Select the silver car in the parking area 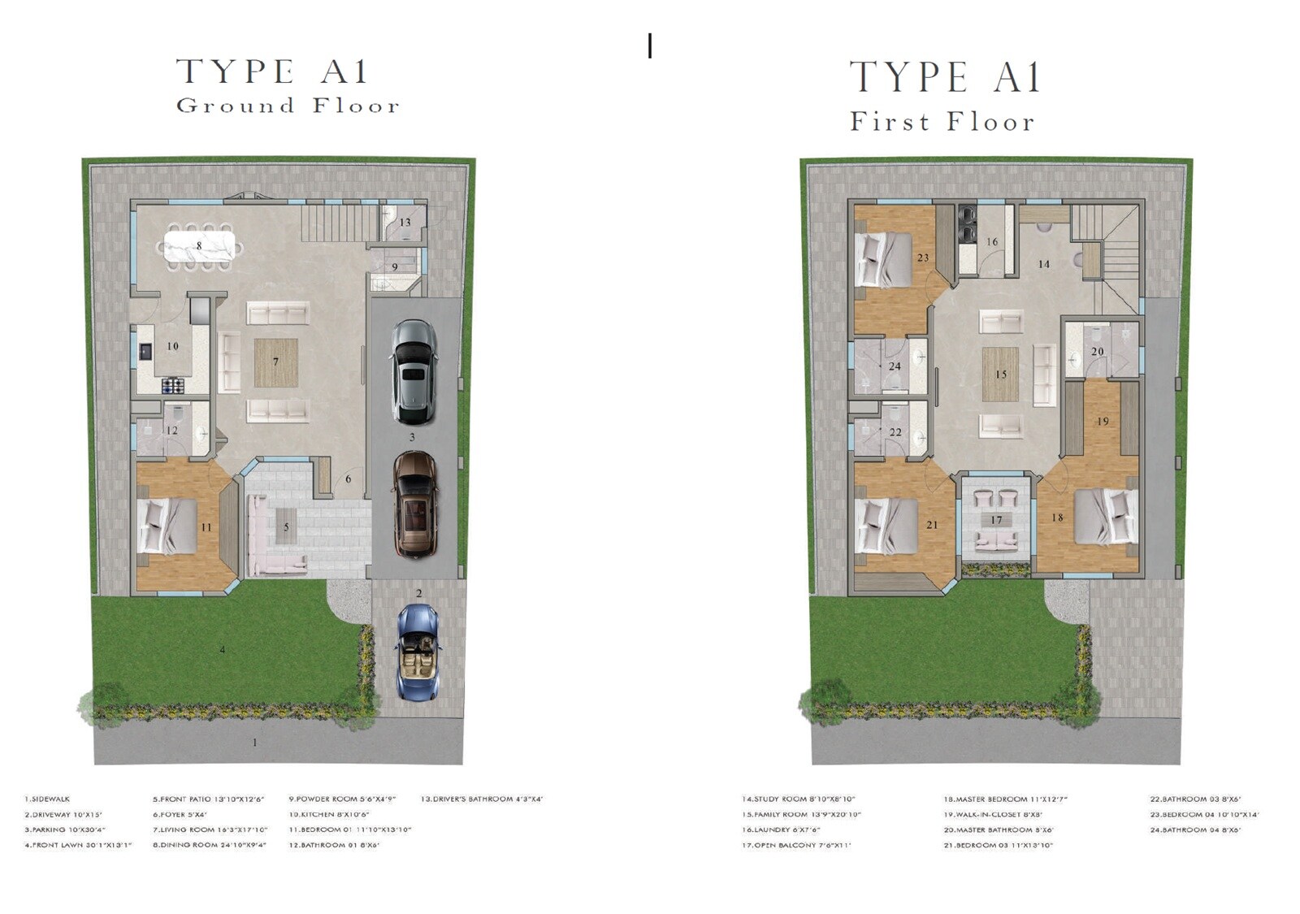[414, 371]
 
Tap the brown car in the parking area [415, 505]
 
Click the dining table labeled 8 [200, 246]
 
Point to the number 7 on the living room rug [276, 362]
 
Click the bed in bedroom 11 [168, 526]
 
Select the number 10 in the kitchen [172, 346]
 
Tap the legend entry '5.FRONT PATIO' [208, 799]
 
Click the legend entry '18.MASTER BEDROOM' [1005, 799]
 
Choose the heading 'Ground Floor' [288, 106]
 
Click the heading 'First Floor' [942, 122]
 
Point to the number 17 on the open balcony [996, 520]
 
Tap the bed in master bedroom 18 [1105, 517]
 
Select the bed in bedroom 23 [885, 259]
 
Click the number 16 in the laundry [992, 241]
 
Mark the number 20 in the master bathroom [1097, 352]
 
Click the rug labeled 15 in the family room [1000, 375]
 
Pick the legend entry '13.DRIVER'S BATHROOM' [481, 799]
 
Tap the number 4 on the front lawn [223, 649]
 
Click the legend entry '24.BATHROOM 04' [1195, 830]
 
